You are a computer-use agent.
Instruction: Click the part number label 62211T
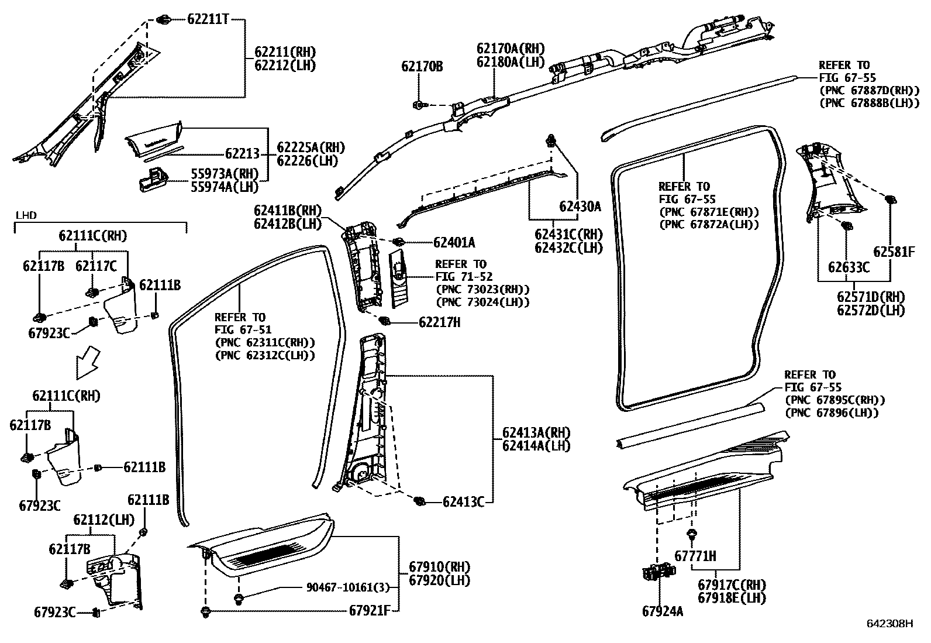click(208, 19)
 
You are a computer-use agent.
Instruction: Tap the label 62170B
click(422, 66)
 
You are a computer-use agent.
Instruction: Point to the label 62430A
click(580, 206)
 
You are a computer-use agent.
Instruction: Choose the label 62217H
click(439, 322)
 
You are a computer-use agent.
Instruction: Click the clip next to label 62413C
click(419, 501)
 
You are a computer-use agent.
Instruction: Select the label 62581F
click(894, 252)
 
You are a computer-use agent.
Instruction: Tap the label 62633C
click(849, 267)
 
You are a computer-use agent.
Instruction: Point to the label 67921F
click(370, 610)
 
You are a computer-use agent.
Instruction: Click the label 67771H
click(695, 556)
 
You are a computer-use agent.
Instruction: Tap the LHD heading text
click(26, 215)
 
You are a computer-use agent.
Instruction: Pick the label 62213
click(242, 154)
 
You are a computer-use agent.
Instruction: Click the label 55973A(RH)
click(225, 174)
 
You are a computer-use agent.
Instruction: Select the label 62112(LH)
click(104, 520)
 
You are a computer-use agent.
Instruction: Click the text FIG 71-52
click(464, 276)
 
